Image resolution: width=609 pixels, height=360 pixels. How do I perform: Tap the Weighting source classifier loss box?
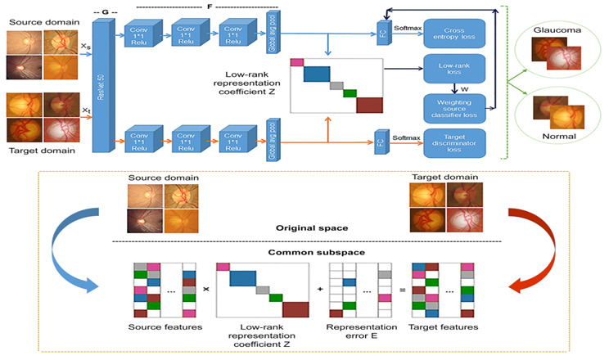point(455,108)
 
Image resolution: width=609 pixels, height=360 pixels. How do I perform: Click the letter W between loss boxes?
point(464,88)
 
